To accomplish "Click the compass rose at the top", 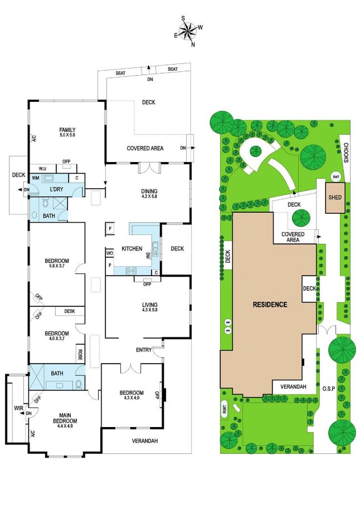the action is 189,31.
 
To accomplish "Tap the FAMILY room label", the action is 67,130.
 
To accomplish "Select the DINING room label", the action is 149,191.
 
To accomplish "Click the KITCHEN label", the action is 132,249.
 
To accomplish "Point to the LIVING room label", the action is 150,305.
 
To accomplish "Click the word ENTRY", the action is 144,350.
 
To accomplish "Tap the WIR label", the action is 19,408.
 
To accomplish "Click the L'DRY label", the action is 56,189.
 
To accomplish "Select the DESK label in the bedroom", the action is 70,311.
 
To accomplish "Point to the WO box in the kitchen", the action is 110,253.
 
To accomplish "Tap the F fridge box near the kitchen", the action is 110,229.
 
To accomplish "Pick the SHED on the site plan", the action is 335,198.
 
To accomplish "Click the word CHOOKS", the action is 346,153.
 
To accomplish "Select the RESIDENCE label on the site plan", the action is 270,305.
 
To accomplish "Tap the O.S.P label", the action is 329,389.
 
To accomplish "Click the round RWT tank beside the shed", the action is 336,176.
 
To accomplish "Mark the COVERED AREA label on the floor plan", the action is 145,149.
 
